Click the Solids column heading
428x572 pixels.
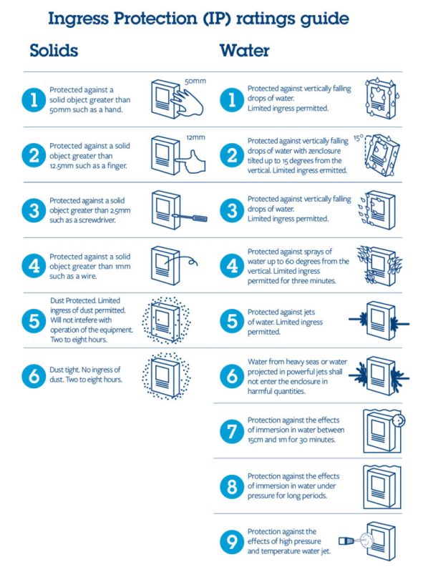54,50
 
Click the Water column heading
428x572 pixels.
244,50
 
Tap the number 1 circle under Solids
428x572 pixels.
34,99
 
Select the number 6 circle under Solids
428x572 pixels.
34,375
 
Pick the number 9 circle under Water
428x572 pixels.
232,542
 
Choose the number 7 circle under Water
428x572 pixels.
232,431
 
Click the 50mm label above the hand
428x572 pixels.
195,81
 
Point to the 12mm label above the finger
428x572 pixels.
195,137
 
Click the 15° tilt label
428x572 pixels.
359,138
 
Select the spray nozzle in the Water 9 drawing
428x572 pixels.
346,541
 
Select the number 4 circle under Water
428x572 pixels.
232,265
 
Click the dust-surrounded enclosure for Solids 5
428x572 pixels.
167,320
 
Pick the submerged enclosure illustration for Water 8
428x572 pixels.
382,487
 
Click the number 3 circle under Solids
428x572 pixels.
34,210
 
